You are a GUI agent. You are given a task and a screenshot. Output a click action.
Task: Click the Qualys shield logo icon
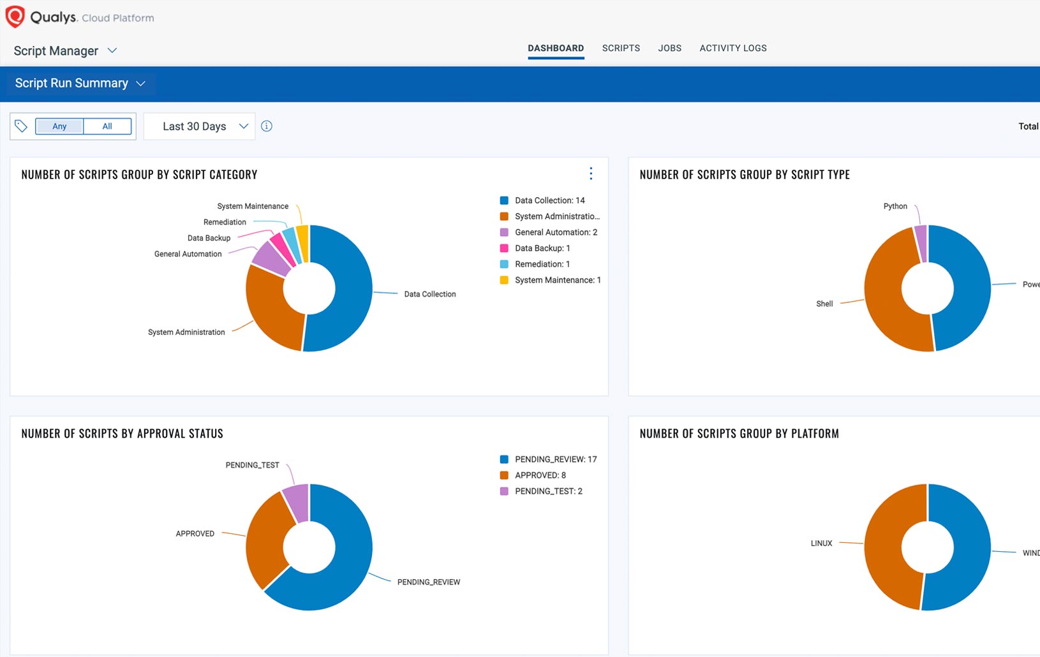[15, 17]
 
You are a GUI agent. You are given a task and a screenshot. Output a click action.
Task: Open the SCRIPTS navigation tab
[621, 48]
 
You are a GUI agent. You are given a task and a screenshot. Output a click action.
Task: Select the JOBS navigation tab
[669, 48]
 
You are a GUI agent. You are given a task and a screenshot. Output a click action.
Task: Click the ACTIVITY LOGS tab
[732, 48]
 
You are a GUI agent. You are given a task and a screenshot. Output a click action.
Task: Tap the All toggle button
[107, 126]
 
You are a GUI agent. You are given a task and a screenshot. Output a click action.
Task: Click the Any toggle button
[59, 126]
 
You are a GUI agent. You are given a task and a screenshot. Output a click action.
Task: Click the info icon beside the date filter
[267, 126]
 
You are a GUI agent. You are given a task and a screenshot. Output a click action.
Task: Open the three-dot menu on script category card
[591, 173]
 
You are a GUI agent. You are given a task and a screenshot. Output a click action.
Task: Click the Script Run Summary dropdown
[80, 84]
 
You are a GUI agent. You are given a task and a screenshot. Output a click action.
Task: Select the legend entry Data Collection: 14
[549, 200]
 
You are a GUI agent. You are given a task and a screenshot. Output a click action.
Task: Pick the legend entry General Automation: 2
[555, 232]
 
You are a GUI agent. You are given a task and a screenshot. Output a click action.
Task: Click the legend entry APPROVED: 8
[540, 475]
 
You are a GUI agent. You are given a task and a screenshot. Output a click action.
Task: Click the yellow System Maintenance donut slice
[303, 242]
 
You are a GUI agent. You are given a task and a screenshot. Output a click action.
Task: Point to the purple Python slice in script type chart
[921, 242]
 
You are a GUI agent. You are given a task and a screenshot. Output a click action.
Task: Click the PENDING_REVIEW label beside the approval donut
[428, 582]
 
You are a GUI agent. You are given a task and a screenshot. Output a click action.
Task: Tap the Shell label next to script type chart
[824, 304]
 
